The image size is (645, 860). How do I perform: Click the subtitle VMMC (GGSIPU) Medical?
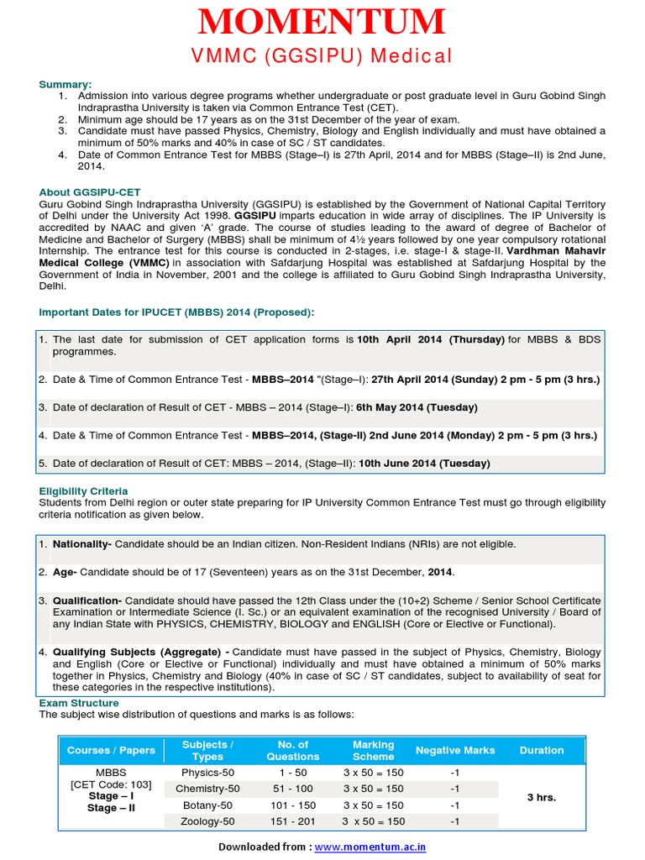coord(322,56)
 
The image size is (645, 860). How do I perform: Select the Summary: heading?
coord(66,85)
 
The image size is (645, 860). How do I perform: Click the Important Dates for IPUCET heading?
coord(177,312)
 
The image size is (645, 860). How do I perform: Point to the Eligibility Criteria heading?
coord(84,490)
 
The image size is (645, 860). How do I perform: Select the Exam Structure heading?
coord(79,703)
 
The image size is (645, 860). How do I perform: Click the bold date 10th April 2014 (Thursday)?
coord(431,340)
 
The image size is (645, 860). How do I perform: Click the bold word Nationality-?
coord(82,544)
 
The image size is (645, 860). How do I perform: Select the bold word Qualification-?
coord(87,601)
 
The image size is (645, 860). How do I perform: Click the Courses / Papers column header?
coord(111,750)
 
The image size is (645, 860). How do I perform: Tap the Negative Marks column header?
coord(455,750)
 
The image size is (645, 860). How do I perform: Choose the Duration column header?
coord(542,750)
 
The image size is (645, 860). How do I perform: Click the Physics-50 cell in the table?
coord(207,773)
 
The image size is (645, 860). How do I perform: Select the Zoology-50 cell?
coord(207,821)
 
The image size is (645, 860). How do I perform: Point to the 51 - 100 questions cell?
coord(292,789)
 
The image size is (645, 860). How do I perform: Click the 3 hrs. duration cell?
coord(542,797)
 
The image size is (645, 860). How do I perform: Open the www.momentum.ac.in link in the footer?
coord(370,847)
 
